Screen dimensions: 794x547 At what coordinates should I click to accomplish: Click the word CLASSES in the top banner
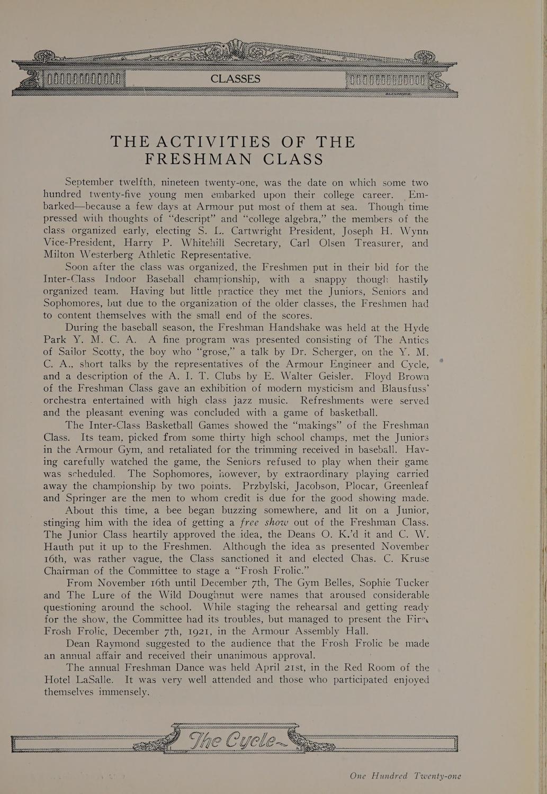coord(235,79)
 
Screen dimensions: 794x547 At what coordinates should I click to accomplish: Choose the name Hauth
coord(61,546)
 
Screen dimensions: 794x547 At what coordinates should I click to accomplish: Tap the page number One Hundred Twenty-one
coord(406,776)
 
